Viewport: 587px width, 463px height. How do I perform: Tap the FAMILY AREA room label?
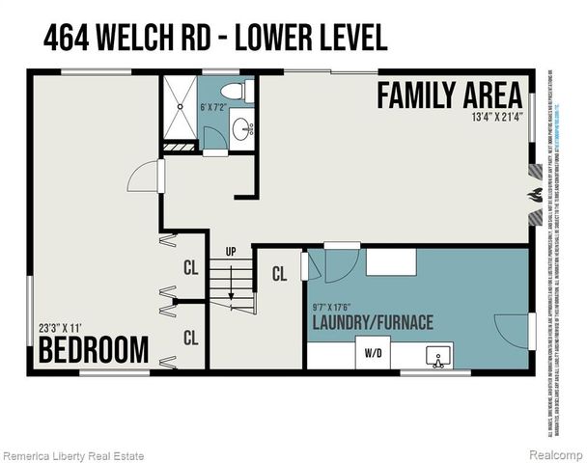pos(449,95)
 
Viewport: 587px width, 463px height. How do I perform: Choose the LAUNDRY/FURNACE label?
pos(372,322)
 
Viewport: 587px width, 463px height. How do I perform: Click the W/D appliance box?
pos(372,353)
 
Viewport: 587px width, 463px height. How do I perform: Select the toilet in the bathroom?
pos(235,91)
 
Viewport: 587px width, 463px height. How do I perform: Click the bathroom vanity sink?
pos(241,126)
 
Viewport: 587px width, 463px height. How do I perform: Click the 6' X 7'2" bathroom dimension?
pos(214,107)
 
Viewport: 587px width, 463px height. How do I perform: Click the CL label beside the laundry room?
pos(279,274)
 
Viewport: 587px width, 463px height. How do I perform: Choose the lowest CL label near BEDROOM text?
pos(190,338)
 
